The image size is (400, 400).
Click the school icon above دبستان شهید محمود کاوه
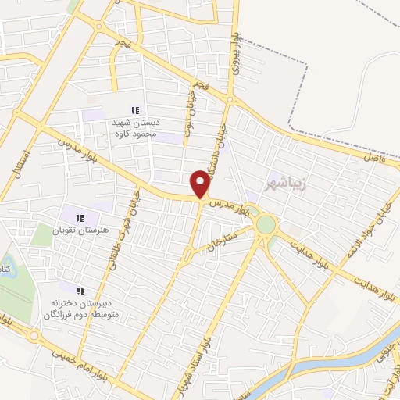[x=135, y=110]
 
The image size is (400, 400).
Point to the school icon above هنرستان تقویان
[x=78, y=218]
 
